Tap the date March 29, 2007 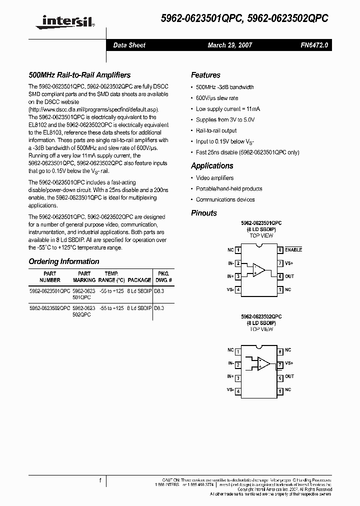[230, 45]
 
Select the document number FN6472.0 [314, 45]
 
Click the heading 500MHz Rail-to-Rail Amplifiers [79, 75]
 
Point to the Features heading [205, 75]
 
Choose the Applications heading [212, 165]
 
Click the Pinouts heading [204, 213]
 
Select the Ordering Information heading [64, 261]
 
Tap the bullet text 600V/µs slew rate [217, 98]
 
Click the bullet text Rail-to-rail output [216, 130]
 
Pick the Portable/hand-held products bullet [229, 188]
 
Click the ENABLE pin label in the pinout [293, 249]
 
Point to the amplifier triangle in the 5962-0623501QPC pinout [258, 269]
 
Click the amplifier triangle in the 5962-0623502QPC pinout [263, 364]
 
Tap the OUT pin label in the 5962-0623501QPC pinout [289, 276]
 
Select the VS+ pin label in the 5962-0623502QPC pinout [289, 363]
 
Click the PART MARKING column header [84, 277]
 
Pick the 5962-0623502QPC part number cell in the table [49, 308]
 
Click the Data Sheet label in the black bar [129, 45]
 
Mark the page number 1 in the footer [100, 481]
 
